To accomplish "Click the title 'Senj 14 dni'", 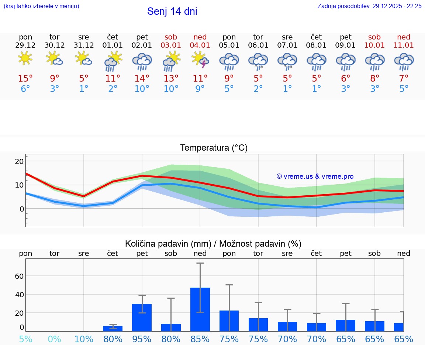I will (172, 11).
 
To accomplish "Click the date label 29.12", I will (25, 45).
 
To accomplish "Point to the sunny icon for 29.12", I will (25, 58).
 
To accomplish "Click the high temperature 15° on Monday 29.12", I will (25, 79).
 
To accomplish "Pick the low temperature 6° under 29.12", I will (25, 89).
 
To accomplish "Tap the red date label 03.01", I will (171, 45).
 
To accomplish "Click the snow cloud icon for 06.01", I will (258, 61).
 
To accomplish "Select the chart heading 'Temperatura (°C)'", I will (214, 148).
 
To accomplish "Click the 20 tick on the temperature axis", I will (20, 161).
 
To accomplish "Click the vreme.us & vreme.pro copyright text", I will (315, 176).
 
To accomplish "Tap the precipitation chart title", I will (213, 244).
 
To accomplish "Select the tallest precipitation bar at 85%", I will (200, 309).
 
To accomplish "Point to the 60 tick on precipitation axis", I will (20, 276).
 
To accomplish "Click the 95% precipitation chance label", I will (142, 339).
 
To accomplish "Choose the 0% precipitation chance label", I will (55, 339).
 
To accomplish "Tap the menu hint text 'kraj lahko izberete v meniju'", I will (41, 6).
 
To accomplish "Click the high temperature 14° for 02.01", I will (142, 79).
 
